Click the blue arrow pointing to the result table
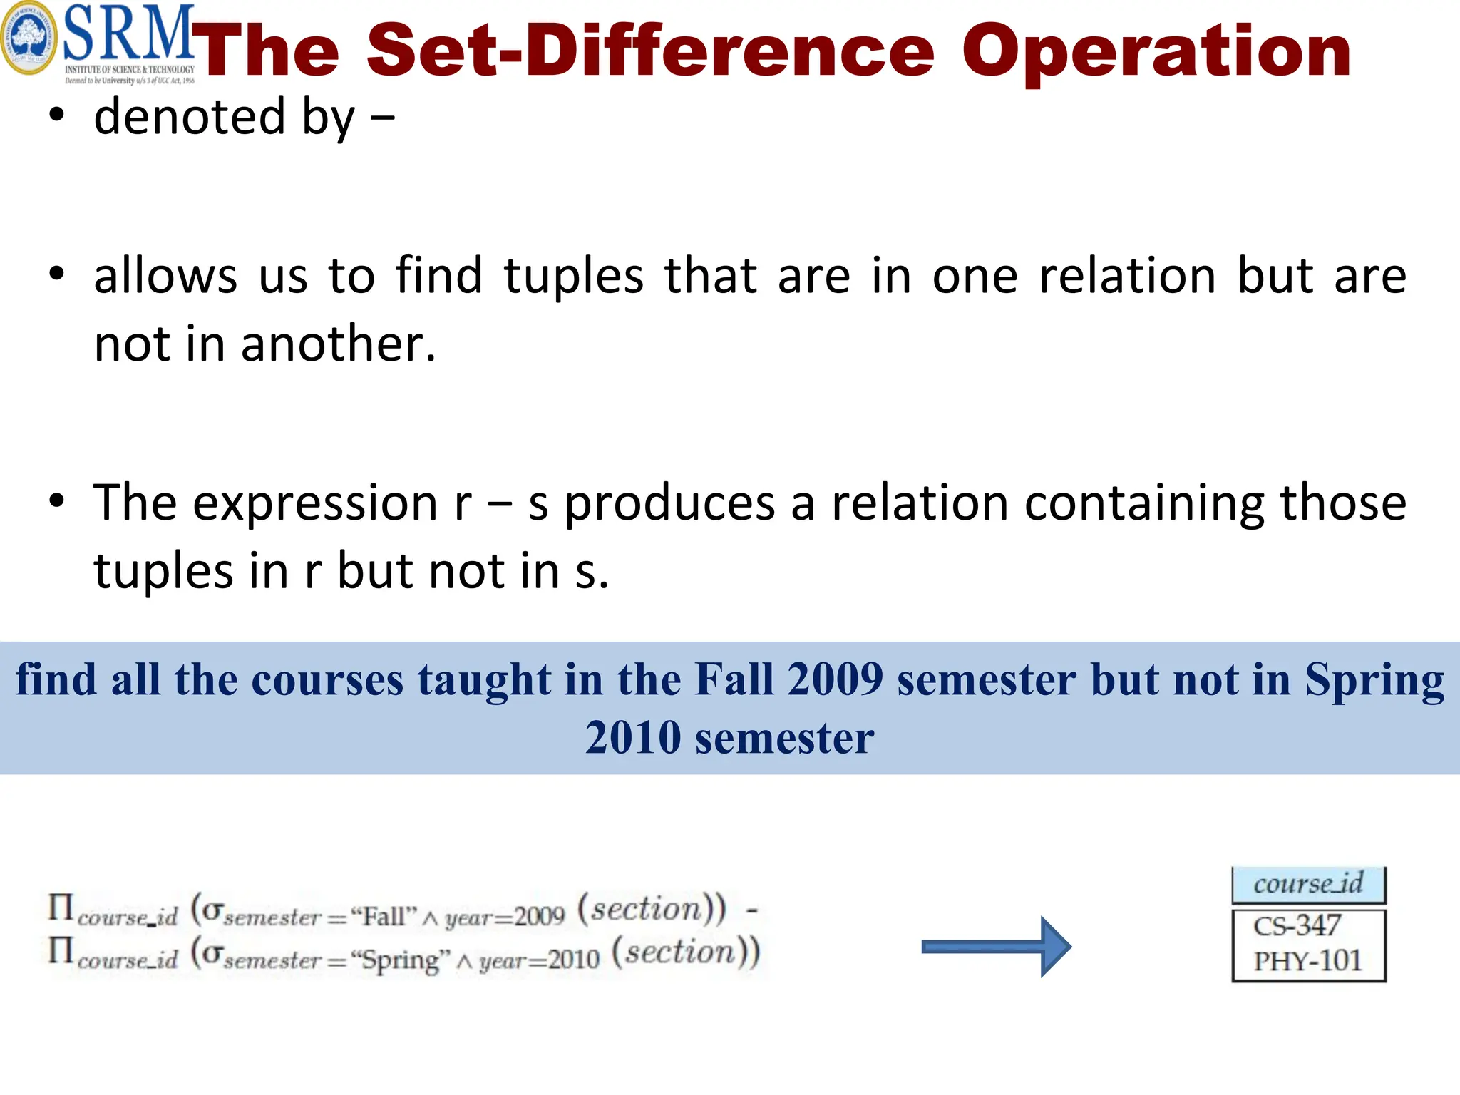[x=996, y=947]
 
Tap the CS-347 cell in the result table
[x=1297, y=926]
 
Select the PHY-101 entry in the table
[x=1307, y=961]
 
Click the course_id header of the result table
[x=1308, y=884]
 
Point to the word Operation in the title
[x=1156, y=51]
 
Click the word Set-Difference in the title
[x=649, y=51]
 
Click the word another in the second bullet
[x=338, y=344]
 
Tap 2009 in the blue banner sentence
[x=836, y=679]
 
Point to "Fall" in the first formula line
[x=384, y=915]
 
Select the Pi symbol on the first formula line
[x=61, y=908]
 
